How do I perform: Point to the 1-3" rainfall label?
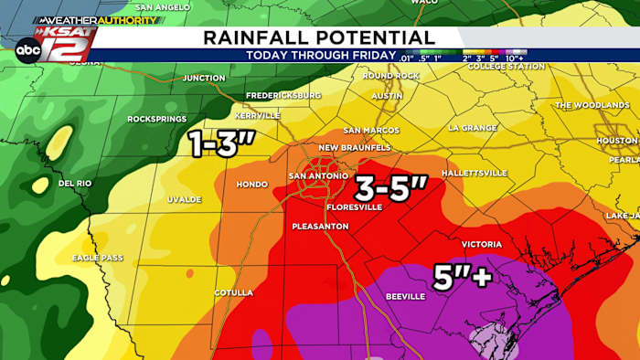221,143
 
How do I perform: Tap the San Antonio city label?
317,175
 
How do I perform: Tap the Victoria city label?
481,244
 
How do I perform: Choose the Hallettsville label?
474,172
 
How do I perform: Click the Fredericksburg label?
283,95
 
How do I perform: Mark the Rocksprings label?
156,119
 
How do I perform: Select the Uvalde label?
184,198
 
